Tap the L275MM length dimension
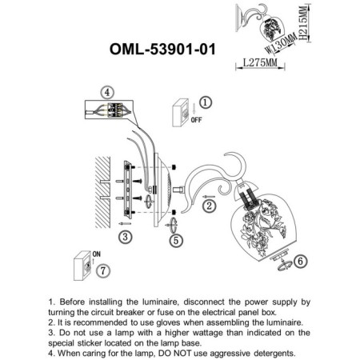click(261, 61)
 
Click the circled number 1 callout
click(205, 102)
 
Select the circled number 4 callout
click(107, 92)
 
